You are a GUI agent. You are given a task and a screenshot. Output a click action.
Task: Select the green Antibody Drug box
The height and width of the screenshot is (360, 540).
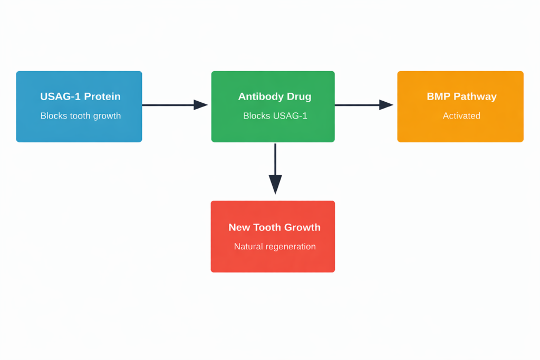273,129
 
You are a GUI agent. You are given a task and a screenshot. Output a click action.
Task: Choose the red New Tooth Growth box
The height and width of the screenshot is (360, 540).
273,261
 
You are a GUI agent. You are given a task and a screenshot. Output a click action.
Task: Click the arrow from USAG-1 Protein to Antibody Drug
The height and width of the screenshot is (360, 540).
174,105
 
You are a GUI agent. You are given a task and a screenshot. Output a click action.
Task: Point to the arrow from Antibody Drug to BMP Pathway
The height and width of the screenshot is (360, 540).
364,105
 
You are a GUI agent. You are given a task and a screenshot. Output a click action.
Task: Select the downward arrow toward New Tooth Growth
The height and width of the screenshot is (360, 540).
275,169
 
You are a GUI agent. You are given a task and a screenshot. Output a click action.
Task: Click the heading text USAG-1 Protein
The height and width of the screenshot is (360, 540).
80,96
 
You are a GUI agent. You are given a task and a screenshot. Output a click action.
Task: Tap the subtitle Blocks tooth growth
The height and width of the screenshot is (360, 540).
81,116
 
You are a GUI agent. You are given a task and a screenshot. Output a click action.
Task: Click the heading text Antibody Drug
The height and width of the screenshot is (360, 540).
275,96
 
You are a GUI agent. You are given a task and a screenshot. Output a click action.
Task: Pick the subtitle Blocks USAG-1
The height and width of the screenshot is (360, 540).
275,116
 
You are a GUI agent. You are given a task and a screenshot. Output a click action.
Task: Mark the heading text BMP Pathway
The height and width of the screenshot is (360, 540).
461,96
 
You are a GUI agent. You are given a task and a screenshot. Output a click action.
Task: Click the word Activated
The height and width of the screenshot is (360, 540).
461,116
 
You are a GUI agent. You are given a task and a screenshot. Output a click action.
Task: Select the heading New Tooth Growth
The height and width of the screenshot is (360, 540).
274,227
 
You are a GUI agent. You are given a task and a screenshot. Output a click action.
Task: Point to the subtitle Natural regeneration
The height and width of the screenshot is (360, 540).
275,247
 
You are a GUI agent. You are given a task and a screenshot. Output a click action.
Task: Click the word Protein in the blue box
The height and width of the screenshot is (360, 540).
103,96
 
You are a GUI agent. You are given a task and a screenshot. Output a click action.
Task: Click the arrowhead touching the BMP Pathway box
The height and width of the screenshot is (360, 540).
387,105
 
